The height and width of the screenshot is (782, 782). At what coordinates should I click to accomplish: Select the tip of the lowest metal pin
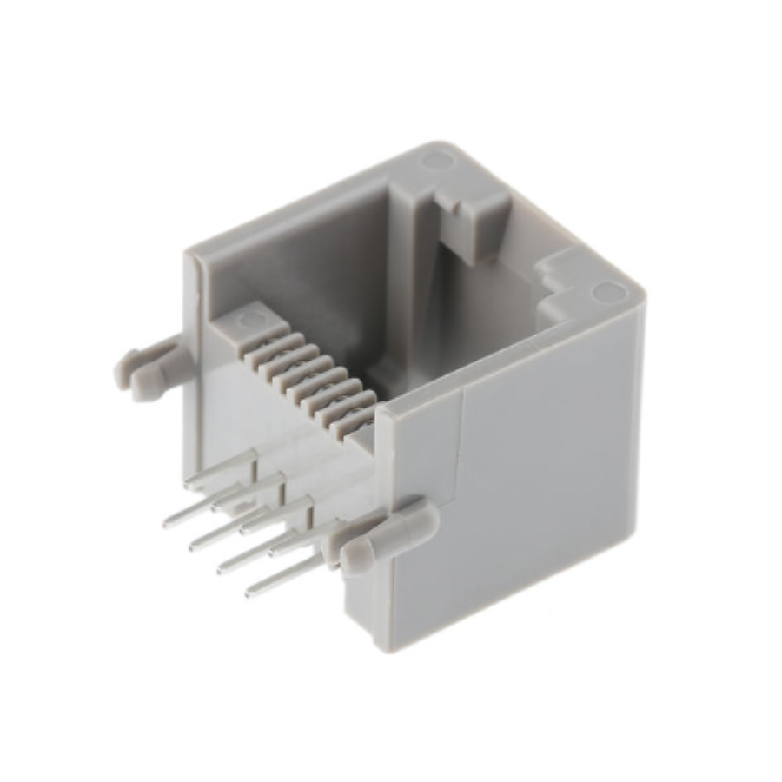tap(250, 592)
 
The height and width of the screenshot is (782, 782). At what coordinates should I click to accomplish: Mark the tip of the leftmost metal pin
tap(169, 525)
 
